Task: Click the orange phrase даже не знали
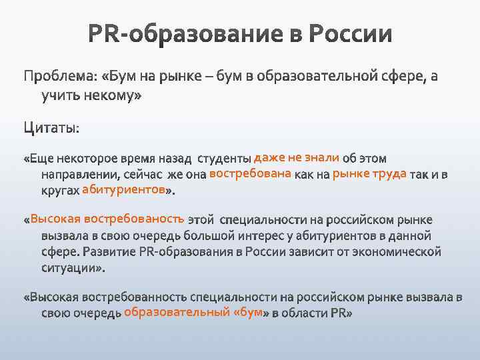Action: click(297, 158)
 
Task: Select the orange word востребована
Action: click(249, 174)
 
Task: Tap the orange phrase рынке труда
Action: click(369, 174)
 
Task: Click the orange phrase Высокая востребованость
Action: click(107, 219)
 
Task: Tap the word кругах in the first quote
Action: click(60, 191)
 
